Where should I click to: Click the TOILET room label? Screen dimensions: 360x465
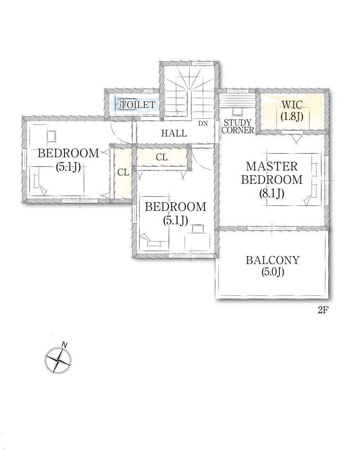pyautogui.click(x=138, y=104)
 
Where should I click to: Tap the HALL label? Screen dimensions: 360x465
pyautogui.click(x=174, y=133)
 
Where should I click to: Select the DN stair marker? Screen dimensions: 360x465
pyautogui.click(x=203, y=123)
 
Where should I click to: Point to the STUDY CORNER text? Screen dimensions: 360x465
pyautogui.click(x=238, y=126)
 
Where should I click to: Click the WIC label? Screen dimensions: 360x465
pyautogui.click(x=292, y=105)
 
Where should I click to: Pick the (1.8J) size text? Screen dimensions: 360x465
pyautogui.click(x=292, y=116)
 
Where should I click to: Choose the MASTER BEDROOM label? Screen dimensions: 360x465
pyautogui.click(x=272, y=173)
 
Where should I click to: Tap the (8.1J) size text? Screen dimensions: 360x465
pyautogui.click(x=272, y=194)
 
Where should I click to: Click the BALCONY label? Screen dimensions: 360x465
pyautogui.click(x=272, y=260)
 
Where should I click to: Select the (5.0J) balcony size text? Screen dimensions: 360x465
pyautogui.click(x=272, y=272)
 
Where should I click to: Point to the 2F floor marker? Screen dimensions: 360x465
pyautogui.click(x=323, y=310)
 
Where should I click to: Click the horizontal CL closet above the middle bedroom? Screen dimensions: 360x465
pyautogui.click(x=162, y=157)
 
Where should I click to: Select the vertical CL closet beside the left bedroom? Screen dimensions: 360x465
pyautogui.click(x=123, y=172)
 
